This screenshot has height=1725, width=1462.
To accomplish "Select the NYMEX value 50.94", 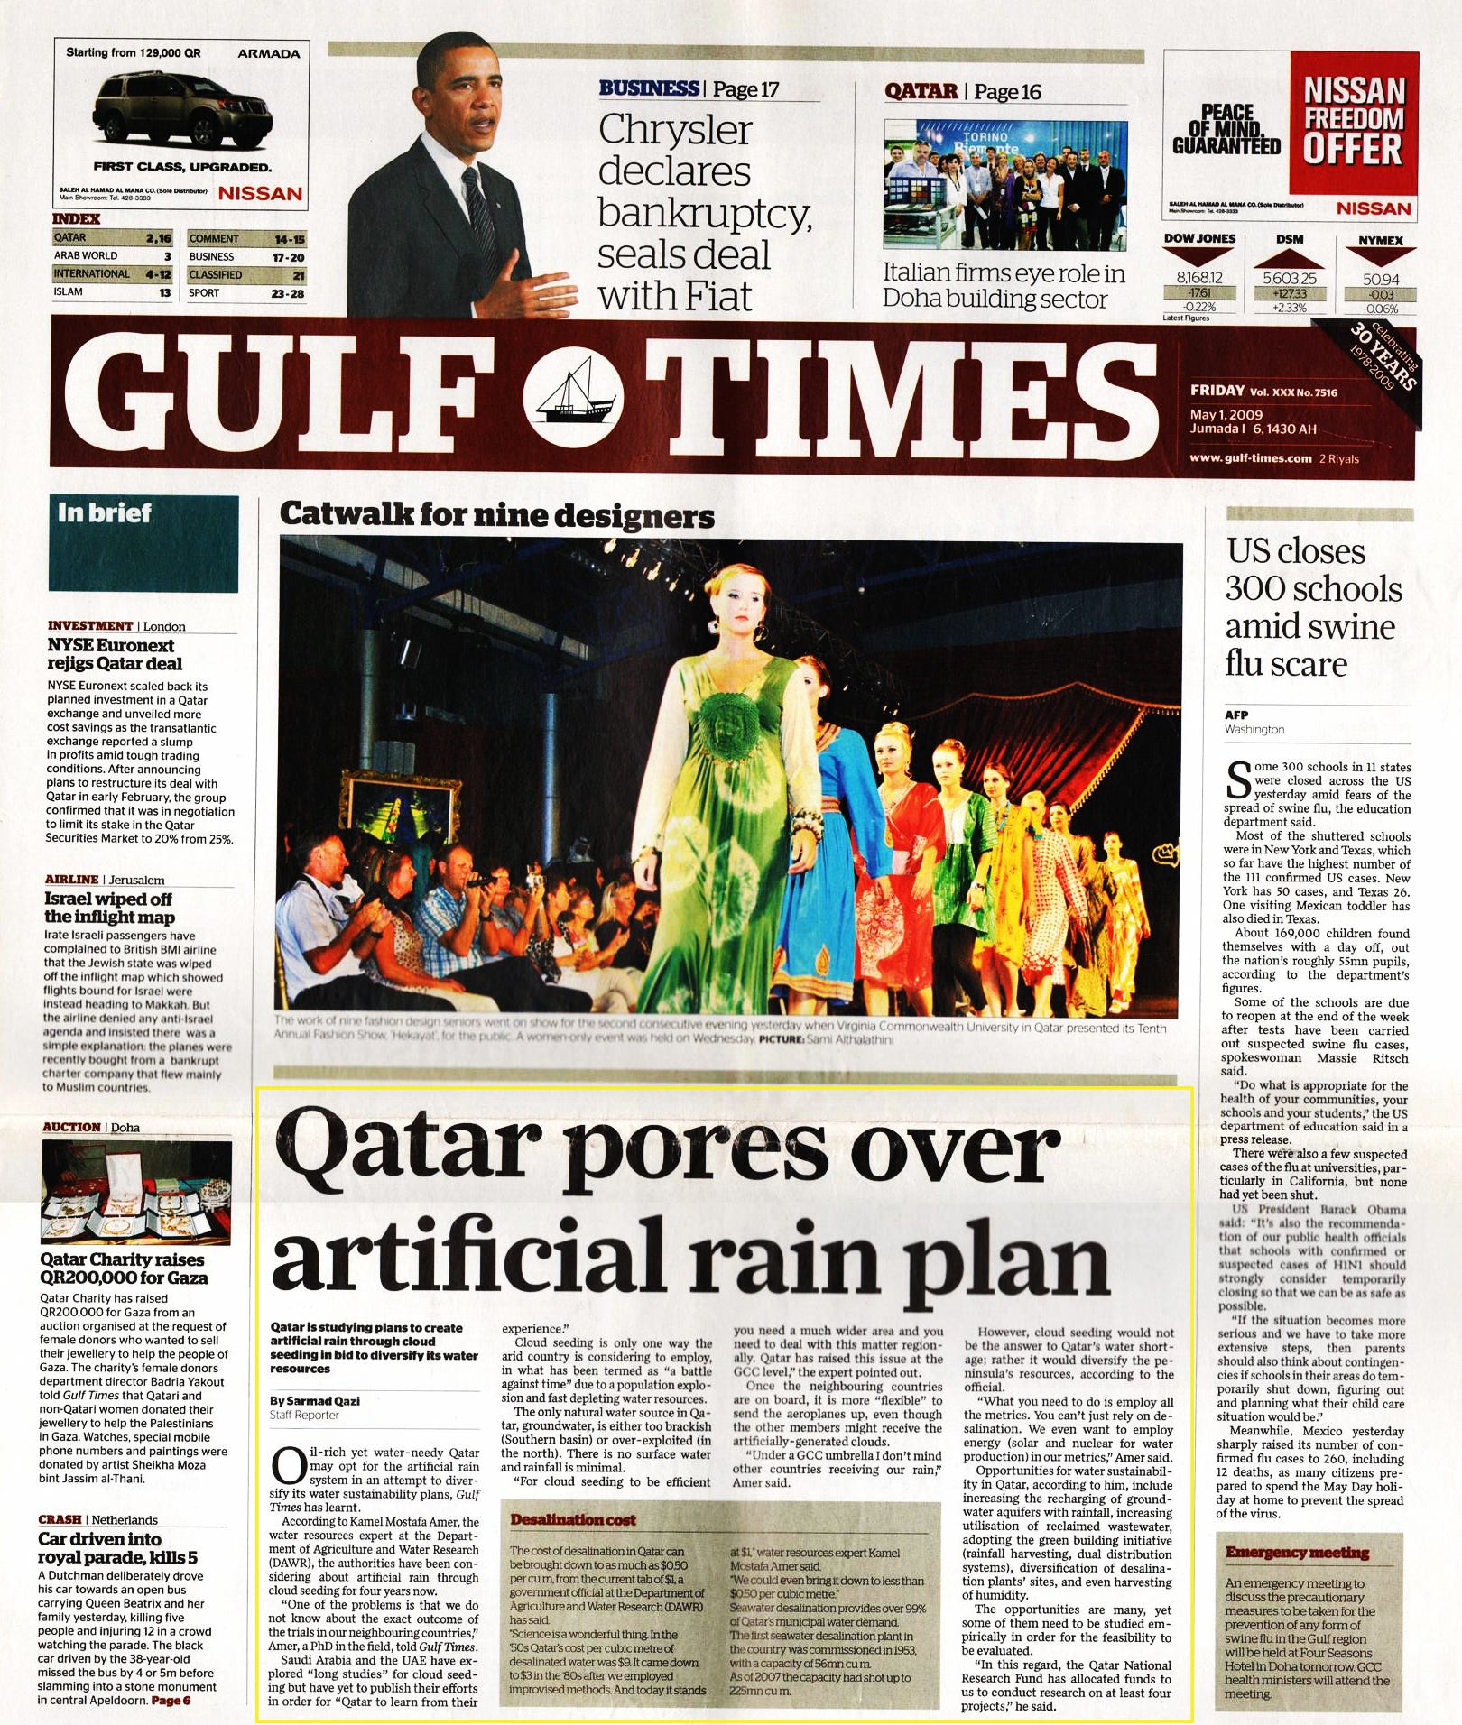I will coord(1381,280).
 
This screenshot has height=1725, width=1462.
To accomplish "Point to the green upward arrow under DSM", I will coord(1289,257).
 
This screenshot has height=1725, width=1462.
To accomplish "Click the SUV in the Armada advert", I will coord(180,113).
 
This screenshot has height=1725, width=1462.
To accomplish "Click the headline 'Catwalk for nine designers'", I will coord(496,515).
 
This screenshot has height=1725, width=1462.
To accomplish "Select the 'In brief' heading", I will coord(105,512).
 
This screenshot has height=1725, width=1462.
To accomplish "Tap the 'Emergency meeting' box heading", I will coord(1297,1553).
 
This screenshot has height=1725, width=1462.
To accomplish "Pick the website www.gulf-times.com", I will coord(1250,458).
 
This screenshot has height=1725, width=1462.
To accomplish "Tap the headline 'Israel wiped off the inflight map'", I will coord(108,908).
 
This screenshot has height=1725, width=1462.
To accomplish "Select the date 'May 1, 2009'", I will coord(1226,414).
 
